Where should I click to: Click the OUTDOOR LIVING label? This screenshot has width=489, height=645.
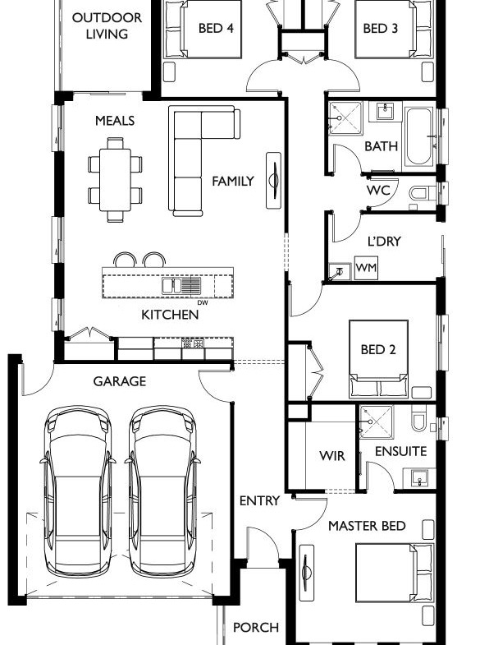tap(107, 25)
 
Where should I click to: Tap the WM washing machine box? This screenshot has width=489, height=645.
tap(366, 268)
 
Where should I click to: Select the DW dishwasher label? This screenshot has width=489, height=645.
tap(203, 302)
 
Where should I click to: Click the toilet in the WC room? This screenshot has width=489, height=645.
tap(422, 193)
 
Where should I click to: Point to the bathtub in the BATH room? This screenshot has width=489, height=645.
tap(419, 136)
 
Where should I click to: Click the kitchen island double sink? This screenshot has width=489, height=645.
tap(181, 285)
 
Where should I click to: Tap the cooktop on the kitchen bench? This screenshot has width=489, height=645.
tap(193, 343)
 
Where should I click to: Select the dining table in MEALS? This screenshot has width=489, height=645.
tap(115, 180)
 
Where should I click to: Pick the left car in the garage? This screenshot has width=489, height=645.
tap(78, 491)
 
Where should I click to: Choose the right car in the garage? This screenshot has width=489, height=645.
tap(162, 491)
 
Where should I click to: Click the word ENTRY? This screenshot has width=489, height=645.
tap(259, 500)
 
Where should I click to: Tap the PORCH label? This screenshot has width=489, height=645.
tap(256, 627)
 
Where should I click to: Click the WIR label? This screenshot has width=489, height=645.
tap(332, 456)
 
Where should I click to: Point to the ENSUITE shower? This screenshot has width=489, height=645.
tap(377, 422)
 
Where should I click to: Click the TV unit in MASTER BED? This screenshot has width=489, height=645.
tap(306, 573)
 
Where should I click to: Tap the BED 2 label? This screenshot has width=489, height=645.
tap(378, 350)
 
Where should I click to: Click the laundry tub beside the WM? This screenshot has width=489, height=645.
tap(340, 272)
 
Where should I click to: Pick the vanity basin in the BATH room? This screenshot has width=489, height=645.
tap(386, 111)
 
